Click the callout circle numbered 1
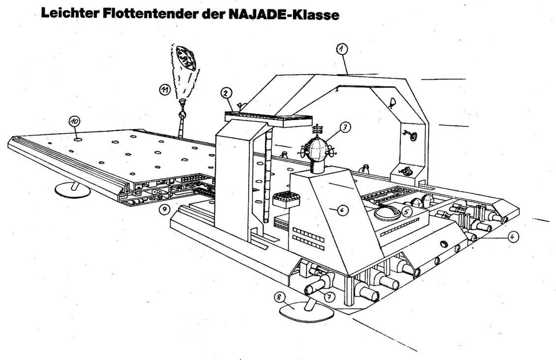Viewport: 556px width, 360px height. click(342, 48)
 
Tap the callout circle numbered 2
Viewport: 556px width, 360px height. click(226, 92)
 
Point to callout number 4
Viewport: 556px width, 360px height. click(512, 237)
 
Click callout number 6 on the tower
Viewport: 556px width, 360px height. click(343, 210)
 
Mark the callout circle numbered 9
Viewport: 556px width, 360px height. click(164, 210)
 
